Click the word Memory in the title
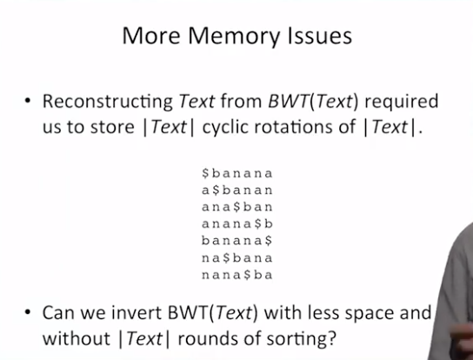[234, 37]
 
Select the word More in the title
[151, 36]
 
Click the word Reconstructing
[108, 103]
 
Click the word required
[402, 103]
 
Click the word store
[112, 127]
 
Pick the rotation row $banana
[237, 173]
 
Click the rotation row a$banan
[237, 190]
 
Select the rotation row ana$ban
[237, 207]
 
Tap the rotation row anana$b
[237, 223]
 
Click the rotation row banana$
[237, 241]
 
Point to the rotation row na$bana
[237, 258]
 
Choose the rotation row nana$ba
[237, 275]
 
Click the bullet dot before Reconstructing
[28, 101]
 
